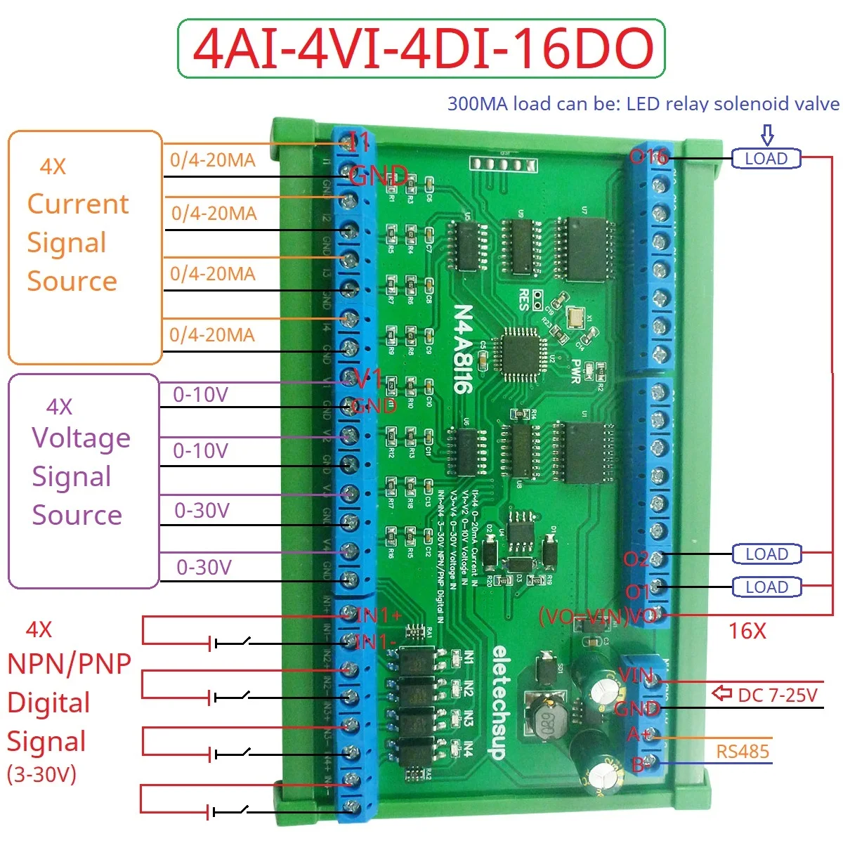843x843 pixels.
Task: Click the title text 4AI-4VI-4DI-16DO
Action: [421, 48]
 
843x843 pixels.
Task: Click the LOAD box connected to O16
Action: [766, 159]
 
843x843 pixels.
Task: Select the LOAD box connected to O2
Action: [766, 554]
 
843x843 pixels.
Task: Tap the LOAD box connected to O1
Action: [766, 587]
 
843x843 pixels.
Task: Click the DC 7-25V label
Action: [778, 695]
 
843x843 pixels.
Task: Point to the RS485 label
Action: [743, 752]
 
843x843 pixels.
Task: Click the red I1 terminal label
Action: [359, 143]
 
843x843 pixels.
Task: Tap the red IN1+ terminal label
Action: [379, 615]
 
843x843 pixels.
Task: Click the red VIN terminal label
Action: [636, 676]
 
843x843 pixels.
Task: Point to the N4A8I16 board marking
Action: [463, 348]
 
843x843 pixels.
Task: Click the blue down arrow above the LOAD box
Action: [767, 135]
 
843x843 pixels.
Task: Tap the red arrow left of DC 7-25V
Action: [721, 694]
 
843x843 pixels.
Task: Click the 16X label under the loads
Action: [747, 631]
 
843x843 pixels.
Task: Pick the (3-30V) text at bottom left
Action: [41, 774]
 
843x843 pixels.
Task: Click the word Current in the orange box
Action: [78, 204]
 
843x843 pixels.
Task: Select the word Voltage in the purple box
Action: [81, 438]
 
